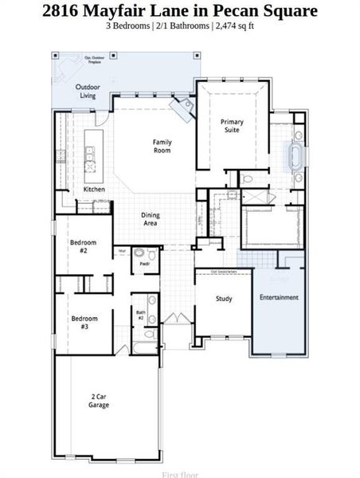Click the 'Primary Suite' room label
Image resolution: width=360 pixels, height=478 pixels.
(232, 126)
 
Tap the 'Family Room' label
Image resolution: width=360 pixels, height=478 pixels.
(162, 147)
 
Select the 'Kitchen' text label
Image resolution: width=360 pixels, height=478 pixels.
(94, 190)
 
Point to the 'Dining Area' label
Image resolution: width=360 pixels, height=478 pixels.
(150, 219)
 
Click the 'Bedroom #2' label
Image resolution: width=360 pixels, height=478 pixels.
(83, 246)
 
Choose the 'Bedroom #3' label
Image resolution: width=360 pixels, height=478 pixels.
(84, 323)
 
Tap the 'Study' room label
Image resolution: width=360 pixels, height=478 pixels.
(224, 299)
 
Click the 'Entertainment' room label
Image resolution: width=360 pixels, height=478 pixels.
(279, 297)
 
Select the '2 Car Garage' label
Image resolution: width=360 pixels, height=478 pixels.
(100, 401)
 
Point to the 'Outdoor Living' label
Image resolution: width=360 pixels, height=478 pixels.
(87, 91)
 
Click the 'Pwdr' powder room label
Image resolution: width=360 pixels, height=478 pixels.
(144, 264)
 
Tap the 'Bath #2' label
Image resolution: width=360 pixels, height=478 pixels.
(141, 315)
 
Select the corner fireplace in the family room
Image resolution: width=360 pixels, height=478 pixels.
(185, 108)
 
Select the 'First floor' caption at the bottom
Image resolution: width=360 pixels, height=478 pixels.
(179, 474)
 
